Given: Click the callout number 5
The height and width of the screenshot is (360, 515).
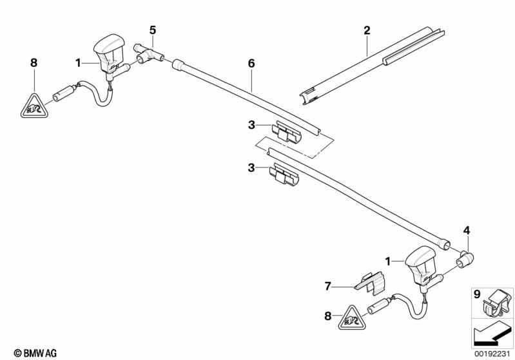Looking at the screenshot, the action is pyautogui.click(x=152, y=30).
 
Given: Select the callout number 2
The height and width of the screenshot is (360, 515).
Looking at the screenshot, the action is pyautogui.click(x=367, y=30).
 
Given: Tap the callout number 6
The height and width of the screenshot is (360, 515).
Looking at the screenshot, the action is pyautogui.click(x=251, y=63).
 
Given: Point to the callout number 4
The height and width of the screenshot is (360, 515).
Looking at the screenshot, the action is pyautogui.click(x=467, y=231).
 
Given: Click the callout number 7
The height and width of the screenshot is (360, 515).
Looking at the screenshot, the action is pyautogui.click(x=327, y=286).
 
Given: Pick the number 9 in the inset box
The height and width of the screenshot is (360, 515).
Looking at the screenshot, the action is pyautogui.click(x=477, y=294).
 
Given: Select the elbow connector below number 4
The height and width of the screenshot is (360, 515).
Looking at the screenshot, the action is pyautogui.click(x=465, y=260).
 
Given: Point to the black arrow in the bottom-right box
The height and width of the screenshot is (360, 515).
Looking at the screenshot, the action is pyautogui.click(x=492, y=335).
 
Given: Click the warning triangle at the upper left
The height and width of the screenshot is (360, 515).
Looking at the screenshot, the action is pyautogui.click(x=34, y=107).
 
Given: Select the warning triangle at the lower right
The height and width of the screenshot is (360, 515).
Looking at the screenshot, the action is pyautogui.click(x=352, y=318).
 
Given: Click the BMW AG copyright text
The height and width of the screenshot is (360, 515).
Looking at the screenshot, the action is pyautogui.click(x=35, y=353).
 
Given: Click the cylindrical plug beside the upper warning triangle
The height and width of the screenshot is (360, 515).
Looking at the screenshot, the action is pyautogui.click(x=63, y=93).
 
